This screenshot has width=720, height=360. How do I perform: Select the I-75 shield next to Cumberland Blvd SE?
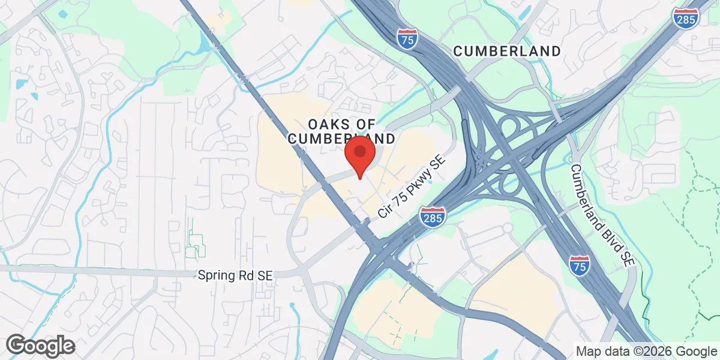(579, 264)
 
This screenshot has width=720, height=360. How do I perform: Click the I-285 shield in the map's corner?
(685, 19)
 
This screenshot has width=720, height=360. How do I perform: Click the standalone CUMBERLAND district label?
(507, 52)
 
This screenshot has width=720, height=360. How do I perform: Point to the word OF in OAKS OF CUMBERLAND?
(362, 124)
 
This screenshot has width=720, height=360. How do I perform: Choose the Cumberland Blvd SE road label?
(602, 215)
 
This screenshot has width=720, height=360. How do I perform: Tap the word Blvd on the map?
(607, 226)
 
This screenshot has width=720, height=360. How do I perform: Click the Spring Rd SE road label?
(235, 276)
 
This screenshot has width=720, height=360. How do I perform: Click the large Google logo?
(41, 346)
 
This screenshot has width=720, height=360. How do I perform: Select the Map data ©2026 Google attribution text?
(645, 351)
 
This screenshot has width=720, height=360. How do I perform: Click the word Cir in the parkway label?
(384, 211)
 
